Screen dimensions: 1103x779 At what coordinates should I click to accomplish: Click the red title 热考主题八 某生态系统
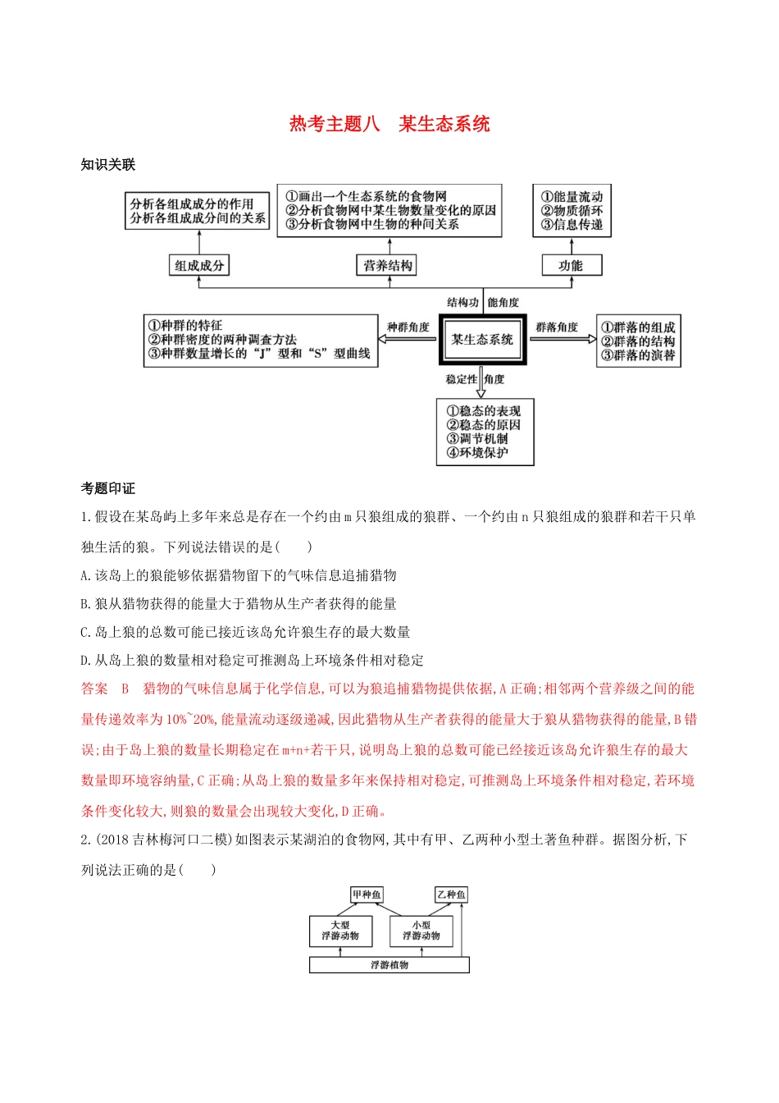[x=389, y=124]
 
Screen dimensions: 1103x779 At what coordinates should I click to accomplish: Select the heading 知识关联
[x=107, y=165]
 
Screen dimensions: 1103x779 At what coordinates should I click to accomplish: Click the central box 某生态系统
[x=482, y=340]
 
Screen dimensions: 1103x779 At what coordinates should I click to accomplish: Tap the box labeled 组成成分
[x=198, y=265]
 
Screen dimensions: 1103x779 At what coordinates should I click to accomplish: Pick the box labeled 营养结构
[x=389, y=265]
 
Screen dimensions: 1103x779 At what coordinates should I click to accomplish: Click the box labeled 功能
[x=571, y=265]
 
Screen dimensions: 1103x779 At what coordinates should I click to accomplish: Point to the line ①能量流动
[x=572, y=197]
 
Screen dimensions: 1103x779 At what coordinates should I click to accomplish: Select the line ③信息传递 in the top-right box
[x=572, y=225]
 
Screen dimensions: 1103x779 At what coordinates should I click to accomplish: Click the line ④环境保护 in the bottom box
[x=477, y=453]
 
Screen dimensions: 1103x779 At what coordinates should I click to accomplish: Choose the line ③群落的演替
[x=638, y=355]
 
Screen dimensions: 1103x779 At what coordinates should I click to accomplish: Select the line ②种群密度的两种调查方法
[x=222, y=340]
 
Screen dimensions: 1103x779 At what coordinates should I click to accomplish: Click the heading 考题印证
[x=107, y=488]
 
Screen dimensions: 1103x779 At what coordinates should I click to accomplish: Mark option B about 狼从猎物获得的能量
[x=239, y=604]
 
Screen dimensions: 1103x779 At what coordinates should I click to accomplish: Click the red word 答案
[x=94, y=689]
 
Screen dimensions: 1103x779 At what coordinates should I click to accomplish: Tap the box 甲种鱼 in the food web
[x=367, y=895]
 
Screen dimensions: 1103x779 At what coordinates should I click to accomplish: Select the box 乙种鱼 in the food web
[x=451, y=895]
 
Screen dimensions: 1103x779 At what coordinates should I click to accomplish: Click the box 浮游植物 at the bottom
[x=389, y=965]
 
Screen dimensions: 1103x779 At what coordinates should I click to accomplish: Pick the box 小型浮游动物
[x=421, y=931]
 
